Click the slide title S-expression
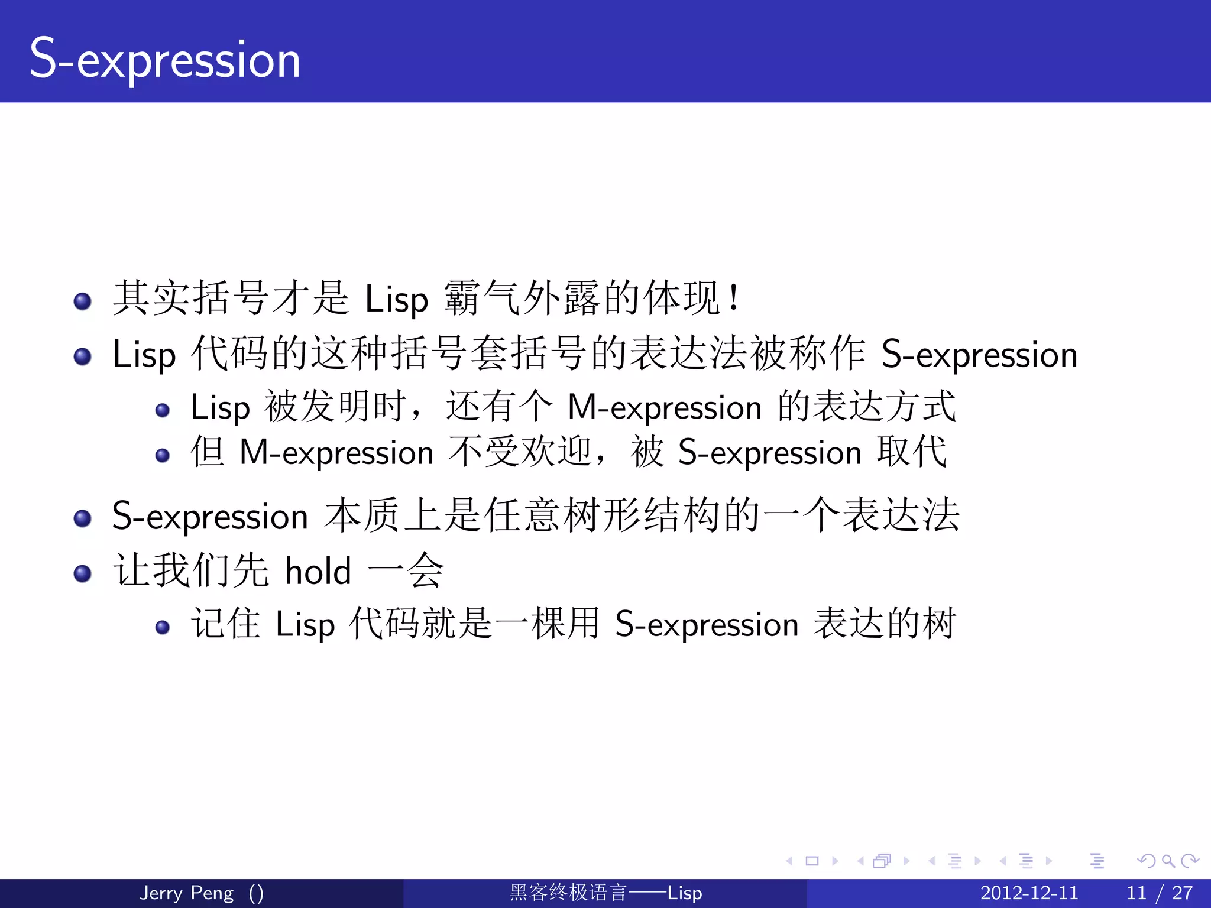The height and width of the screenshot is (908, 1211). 165,59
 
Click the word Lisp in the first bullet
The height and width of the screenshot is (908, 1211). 396,300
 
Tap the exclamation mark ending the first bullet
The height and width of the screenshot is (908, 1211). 734,297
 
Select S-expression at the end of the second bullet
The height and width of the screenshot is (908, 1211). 979,355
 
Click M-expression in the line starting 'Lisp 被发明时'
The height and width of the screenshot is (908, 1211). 664,408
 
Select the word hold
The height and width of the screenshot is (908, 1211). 318,572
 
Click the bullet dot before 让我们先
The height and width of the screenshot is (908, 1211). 82,573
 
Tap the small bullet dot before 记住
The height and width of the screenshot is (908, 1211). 162,627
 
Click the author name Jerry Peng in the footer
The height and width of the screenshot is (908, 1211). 186,893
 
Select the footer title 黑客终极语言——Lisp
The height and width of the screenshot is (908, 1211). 605,893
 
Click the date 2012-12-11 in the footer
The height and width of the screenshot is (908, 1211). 1029,893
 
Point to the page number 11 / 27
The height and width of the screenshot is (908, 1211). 1159,893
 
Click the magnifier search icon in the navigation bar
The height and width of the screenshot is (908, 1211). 1167,861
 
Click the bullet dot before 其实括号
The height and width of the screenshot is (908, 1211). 82,301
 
